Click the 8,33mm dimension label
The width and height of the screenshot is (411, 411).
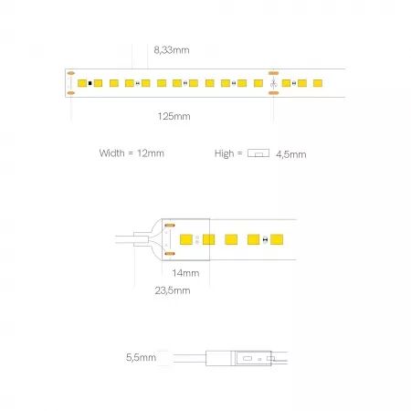pyautogui.click(x=172, y=50)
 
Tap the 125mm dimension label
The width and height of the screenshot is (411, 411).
pyautogui.click(x=174, y=116)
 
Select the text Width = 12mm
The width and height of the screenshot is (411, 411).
pyautogui.click(x=132, y=153)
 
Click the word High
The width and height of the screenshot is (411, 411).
pyautogui.click(x=224, y=153)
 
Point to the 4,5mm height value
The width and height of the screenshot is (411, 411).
pyautogui.click(x=291, y=154)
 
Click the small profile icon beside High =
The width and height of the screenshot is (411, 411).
pyautogui.click(x=258, y=153)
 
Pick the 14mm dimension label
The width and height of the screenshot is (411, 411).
pyautogui.click(x=185, y=273)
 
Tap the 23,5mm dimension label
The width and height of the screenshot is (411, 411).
pyautogui.click(x=173, y=290)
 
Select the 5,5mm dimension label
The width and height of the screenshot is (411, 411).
pyautogui.click(x=141, y=357)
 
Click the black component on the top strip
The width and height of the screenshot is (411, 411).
pyautogui.click(x=90, y=83)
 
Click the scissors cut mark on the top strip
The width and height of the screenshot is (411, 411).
pyautogui.click(x=274, y=83)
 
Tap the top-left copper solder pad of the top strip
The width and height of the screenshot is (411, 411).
pyautogui.click(x=70, y=73)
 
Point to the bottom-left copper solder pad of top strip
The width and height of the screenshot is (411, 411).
pyautogui.click(x=70, y=93)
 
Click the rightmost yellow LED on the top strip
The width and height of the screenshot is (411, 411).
pyautogui.click(x=318, y=83)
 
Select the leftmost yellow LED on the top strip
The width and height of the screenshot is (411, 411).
pyautogui.click(x=82, y=83)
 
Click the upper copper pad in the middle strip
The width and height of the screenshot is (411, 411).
pyautogui.click(x=170, y=226)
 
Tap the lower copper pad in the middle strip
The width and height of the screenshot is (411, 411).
pyautogui.click(x=170, y=253)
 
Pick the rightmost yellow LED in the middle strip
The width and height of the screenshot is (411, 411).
pyautogui.click(x=277, y=239)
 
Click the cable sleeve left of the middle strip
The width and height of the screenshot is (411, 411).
pyautogui.click(x=142, y=239)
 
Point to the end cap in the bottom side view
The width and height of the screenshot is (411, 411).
pyautogui.click(x=218, y=358)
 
